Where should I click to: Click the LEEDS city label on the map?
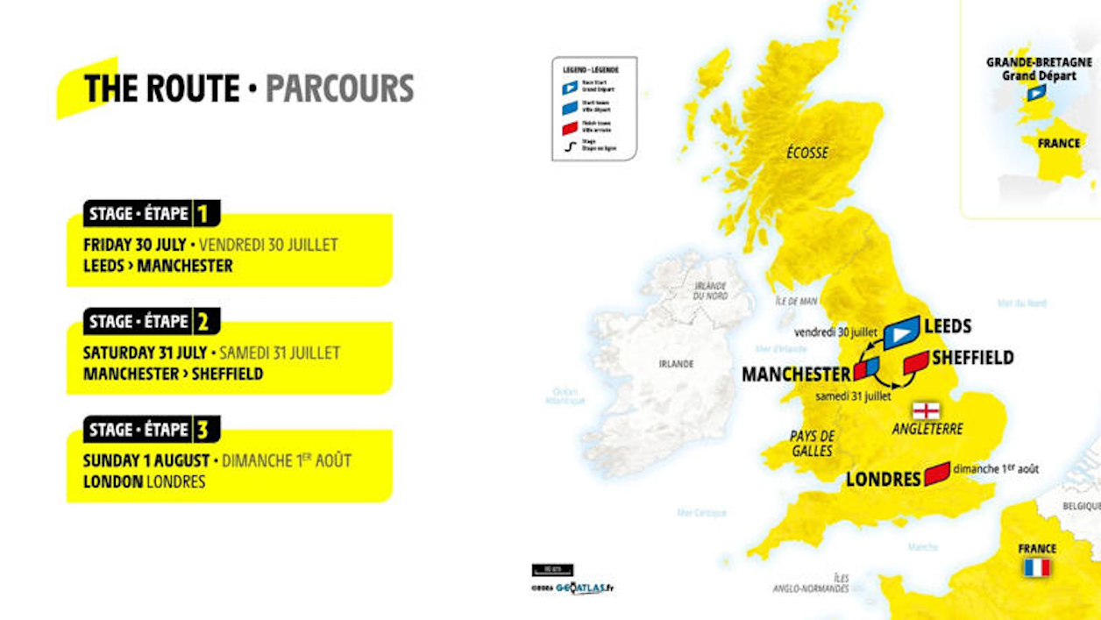point(948,326)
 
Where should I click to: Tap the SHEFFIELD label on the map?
point(972,358)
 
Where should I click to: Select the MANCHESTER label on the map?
point(796,374)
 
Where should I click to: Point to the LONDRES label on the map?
point(883,479)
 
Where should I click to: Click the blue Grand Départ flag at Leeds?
point(901,332)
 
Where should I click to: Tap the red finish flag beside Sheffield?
point(915,361)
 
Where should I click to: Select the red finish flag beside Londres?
point(937,474)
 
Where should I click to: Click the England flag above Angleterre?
point(926,410)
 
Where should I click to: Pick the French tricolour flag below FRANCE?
point(1036,567)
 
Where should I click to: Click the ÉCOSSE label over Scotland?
point(806,153)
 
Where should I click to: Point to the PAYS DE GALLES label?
point(811,443)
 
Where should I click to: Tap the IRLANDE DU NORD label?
point(711,291)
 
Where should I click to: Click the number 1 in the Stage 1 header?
point(202,214)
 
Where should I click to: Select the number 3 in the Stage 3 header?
point(202,430)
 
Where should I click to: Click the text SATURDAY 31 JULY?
point(145,353)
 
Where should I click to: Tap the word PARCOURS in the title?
point(339,89)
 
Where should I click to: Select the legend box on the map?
point(594,109)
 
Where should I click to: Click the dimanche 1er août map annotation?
point(996,469)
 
